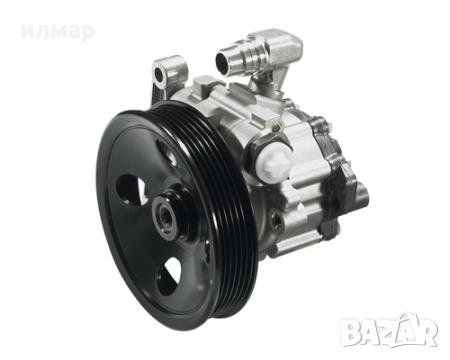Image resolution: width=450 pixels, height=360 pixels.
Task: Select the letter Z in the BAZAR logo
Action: [384, 330]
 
